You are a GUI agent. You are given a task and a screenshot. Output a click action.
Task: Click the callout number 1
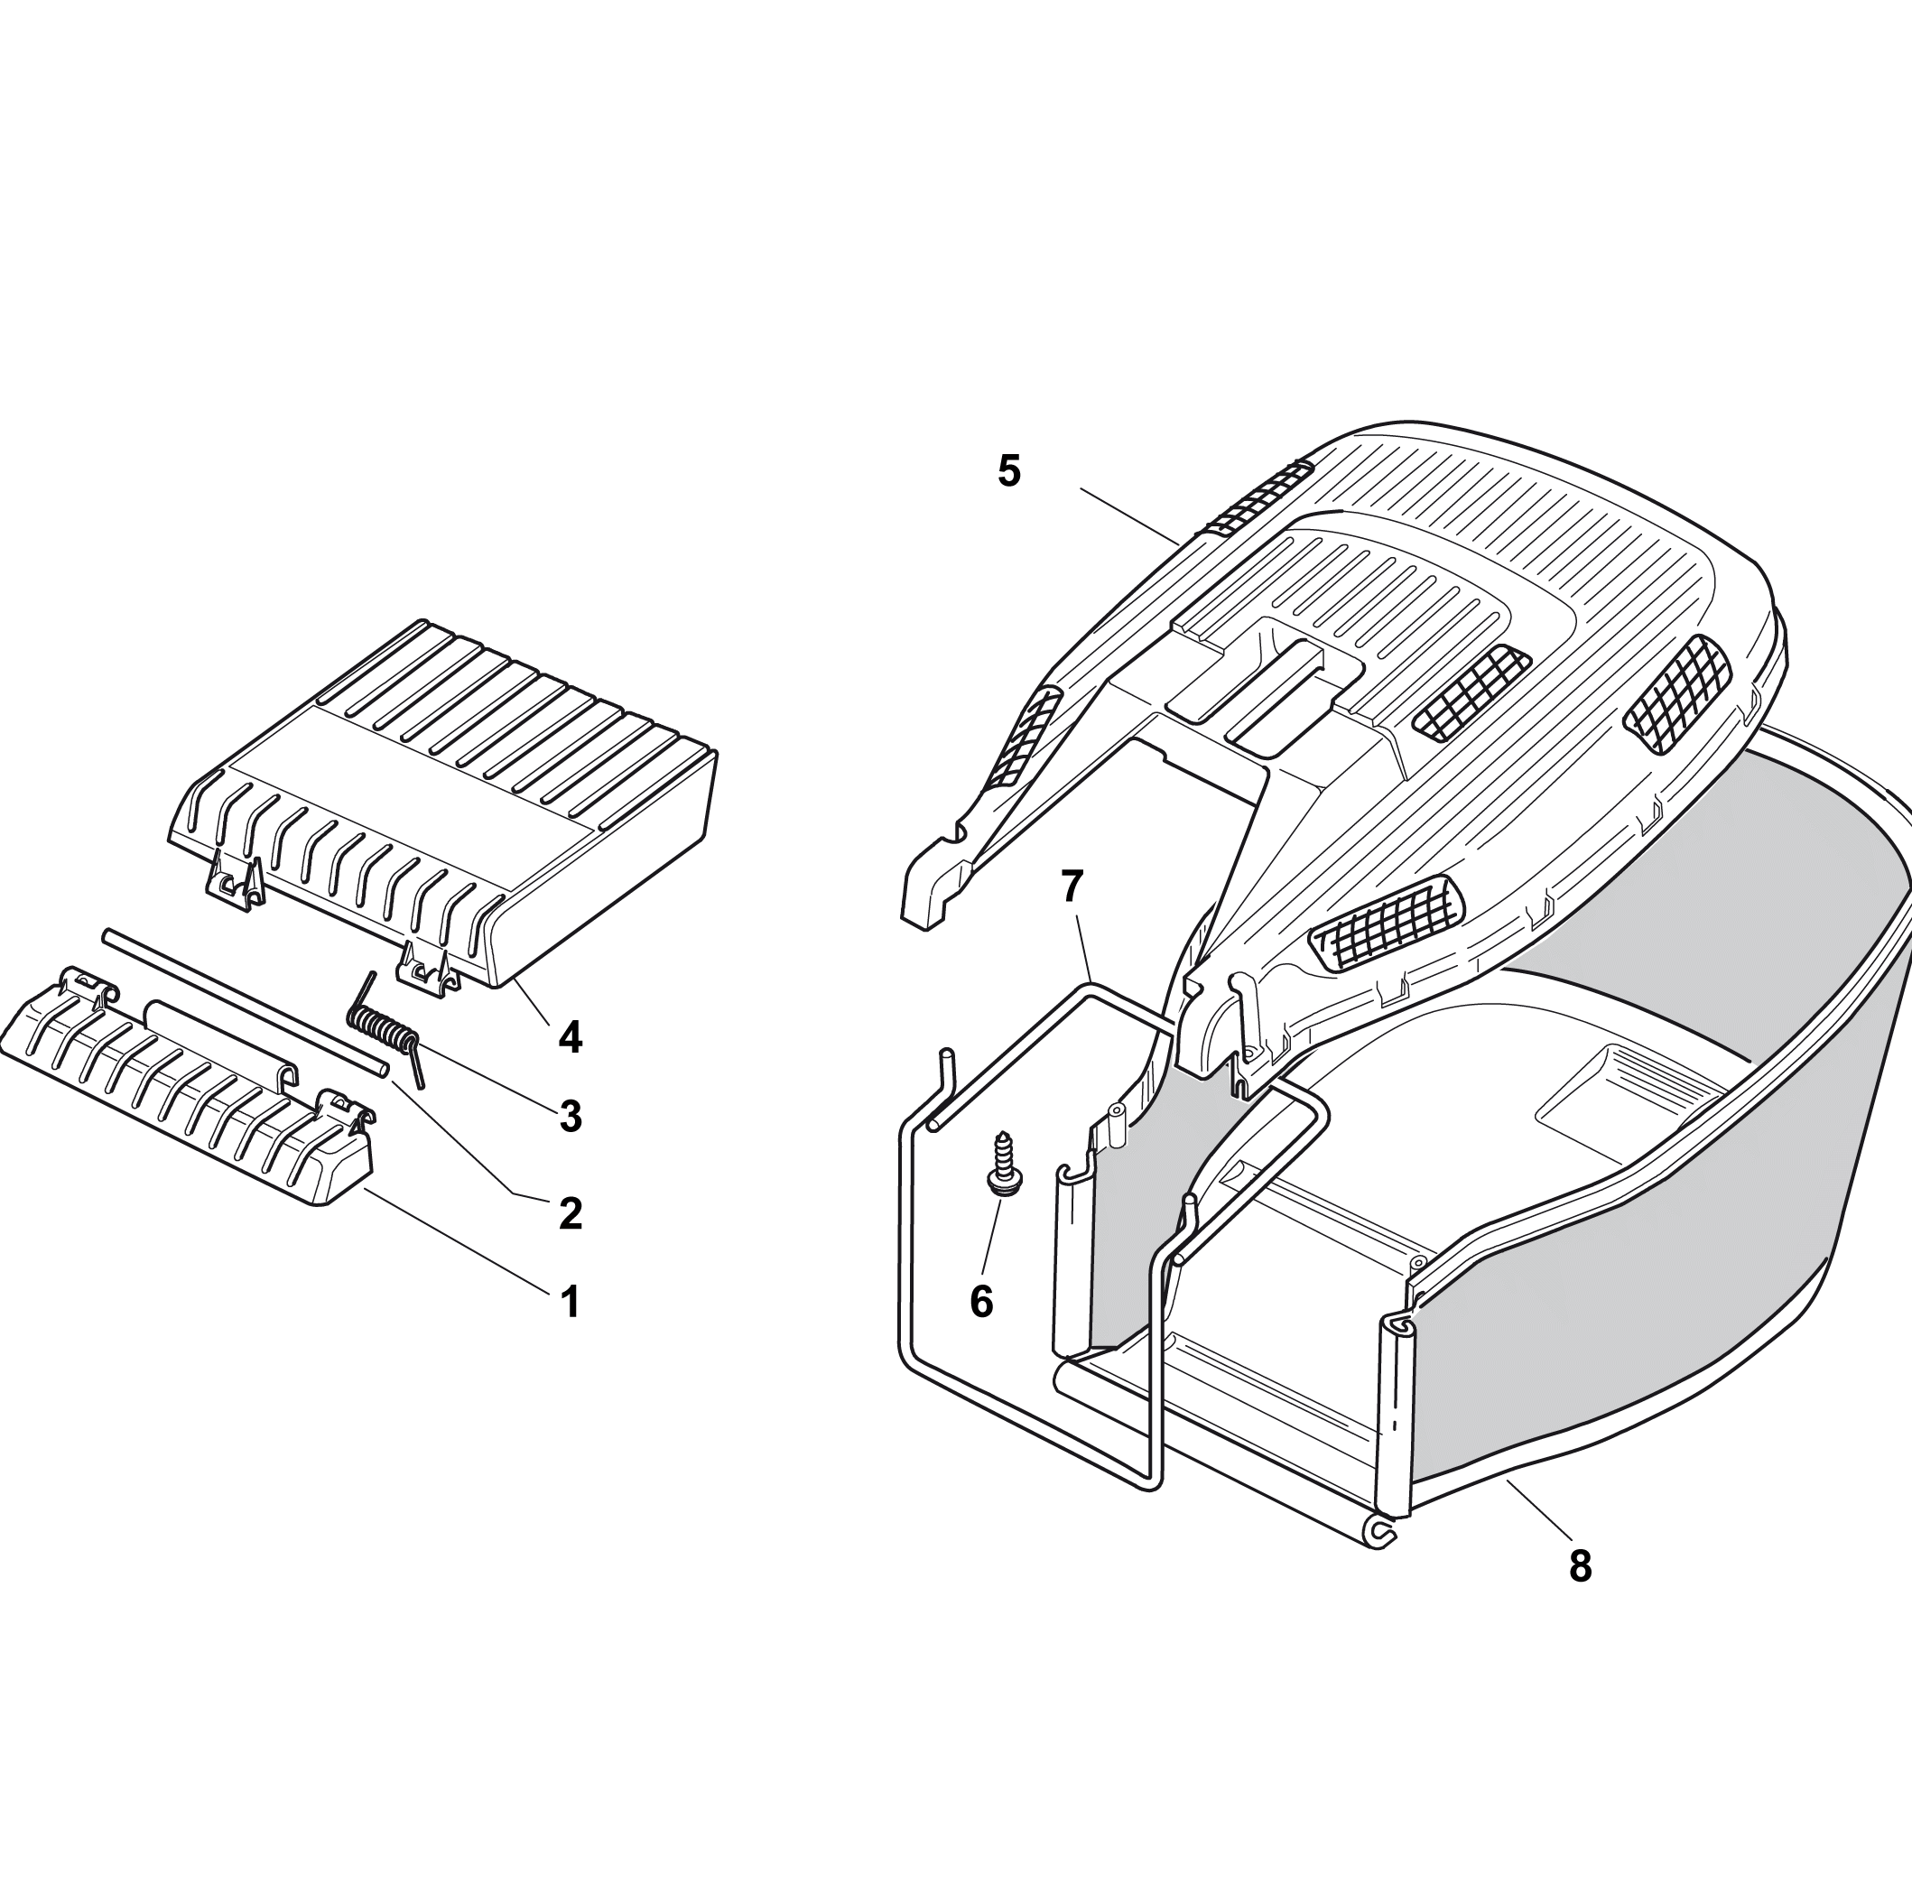point(570,1303)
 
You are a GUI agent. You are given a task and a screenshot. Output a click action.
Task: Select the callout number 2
point(570,1214)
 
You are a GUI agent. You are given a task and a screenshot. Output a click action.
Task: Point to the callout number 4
point(570,1037)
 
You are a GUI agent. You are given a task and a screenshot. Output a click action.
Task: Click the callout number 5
point(1008,471)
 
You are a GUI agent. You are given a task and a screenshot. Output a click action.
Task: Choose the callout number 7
point(1072,887)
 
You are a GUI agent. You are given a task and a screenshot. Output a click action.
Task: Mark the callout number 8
point(1581,1566)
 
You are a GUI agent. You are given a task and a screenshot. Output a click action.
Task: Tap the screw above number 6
point(1004,1165)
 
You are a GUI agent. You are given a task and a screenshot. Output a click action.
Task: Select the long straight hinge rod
point(245,1003)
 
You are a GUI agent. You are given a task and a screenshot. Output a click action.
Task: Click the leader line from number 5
point(1129,515)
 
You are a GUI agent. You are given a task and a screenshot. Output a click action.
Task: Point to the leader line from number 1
point(456,1241)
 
